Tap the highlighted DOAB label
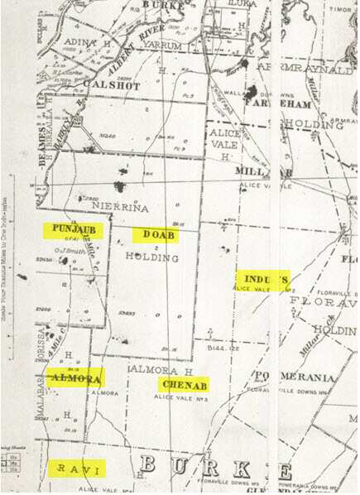155,235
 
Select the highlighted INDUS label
262,278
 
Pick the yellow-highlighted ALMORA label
75,378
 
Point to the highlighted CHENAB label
183,385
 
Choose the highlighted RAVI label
77,469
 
